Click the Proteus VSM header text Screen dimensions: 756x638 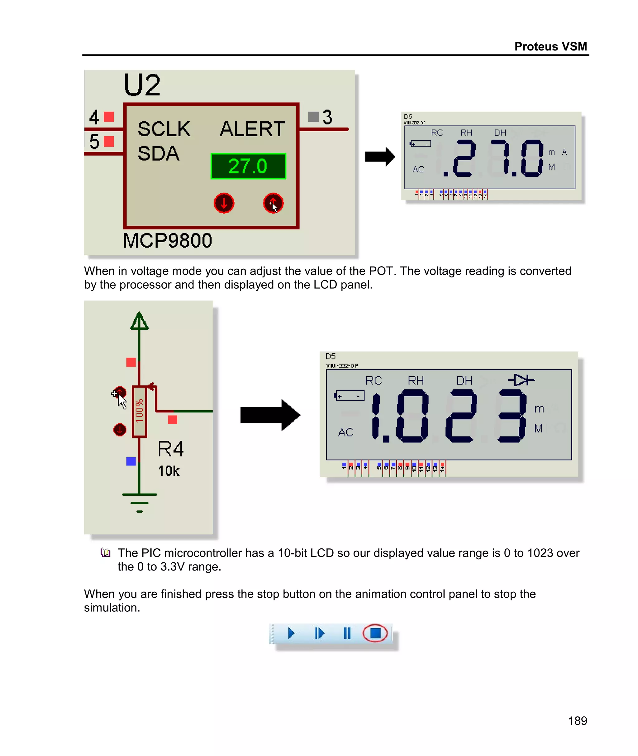[x=550, y=46]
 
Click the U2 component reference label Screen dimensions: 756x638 [x=142, y=85]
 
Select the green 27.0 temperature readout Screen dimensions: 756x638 [x=248, y=166]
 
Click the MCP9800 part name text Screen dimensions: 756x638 [x=167, y=241]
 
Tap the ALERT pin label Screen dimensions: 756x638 [x=252, y=129]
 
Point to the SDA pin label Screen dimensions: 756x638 [x=159, y=153]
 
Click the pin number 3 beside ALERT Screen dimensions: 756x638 [x=327, y=117]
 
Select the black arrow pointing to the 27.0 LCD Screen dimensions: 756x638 [x=379, y=157]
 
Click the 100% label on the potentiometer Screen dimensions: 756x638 [x=139, y=411]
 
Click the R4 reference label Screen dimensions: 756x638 [x=171, y=450]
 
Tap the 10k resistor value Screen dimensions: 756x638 [x=169, y=471]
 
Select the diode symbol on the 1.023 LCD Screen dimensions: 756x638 [x=521, y=380]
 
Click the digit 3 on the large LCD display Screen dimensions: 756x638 [x=512, y=416]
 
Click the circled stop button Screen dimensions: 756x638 [x=375, y=633]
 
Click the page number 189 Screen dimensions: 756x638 [x=577, y=720]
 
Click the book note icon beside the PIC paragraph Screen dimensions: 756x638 [x=105, y=553]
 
